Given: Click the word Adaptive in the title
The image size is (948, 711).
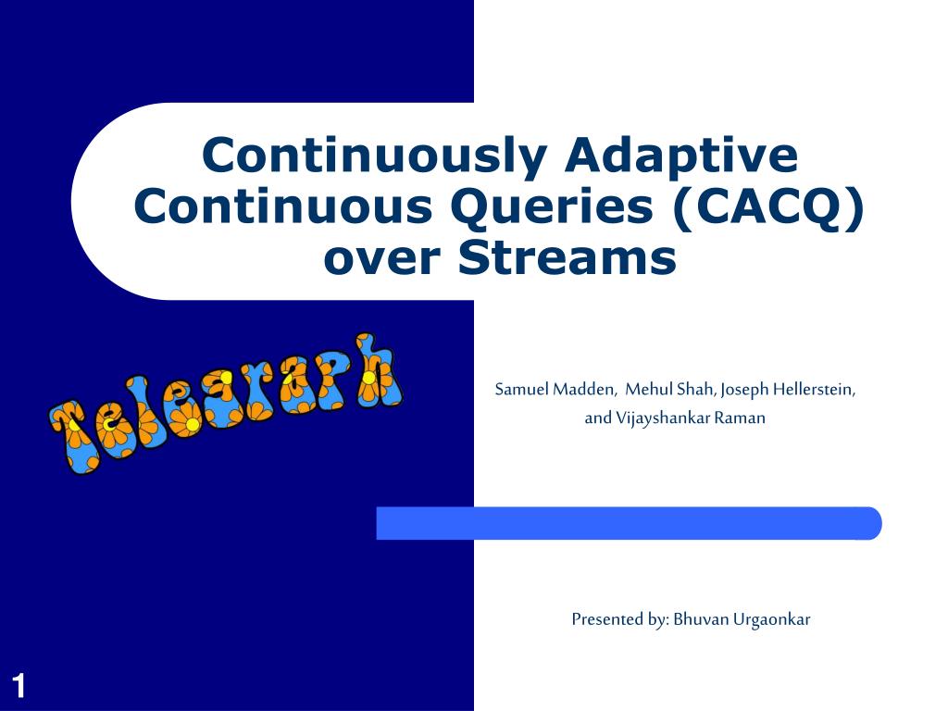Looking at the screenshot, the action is [x=681, y=156].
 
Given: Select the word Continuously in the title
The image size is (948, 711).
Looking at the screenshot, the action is [x=374, y=156].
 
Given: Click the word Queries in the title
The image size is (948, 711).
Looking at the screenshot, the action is [x=552, y=207].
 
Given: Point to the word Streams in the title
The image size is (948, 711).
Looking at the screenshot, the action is [x=568, y=257].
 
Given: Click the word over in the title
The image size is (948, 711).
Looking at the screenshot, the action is [x=382, y=260].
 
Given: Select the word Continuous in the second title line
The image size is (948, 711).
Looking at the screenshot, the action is [x=283, y=206].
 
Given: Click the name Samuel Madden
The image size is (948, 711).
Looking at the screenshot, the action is [x=555, y=390].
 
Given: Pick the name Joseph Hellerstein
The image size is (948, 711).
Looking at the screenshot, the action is [x=788, y=390].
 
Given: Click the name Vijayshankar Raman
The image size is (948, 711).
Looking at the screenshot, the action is [x=691, y=418].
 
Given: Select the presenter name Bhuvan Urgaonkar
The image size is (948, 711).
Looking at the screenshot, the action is [x=742, y=619].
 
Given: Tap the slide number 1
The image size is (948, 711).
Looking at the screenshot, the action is [x=19, y=686].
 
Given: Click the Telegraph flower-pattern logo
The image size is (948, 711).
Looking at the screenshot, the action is [x=226, y=403].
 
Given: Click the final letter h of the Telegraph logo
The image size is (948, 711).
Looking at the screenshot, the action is [x=375, y=369].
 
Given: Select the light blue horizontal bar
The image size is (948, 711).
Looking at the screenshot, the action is [x=629, y=523].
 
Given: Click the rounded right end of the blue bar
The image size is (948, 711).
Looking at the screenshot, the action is [x=877, y=523].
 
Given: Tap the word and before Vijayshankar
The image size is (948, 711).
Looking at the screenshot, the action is [x=598, y=418].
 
